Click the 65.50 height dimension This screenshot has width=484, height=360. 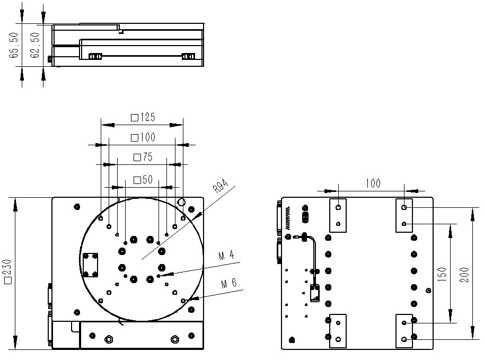coord(14,45)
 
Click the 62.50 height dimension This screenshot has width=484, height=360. coord(35,45)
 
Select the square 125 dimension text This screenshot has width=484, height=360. coord(143,117)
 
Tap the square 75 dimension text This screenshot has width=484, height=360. coord(143,157)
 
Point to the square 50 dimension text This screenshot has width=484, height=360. coord(143,180)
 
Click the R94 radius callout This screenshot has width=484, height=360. coord(221,186)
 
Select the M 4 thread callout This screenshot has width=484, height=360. coord(226,256)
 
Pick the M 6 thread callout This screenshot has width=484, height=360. coord(229,284)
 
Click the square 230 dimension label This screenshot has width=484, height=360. coord(7,271)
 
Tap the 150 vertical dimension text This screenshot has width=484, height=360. coord(442,274)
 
